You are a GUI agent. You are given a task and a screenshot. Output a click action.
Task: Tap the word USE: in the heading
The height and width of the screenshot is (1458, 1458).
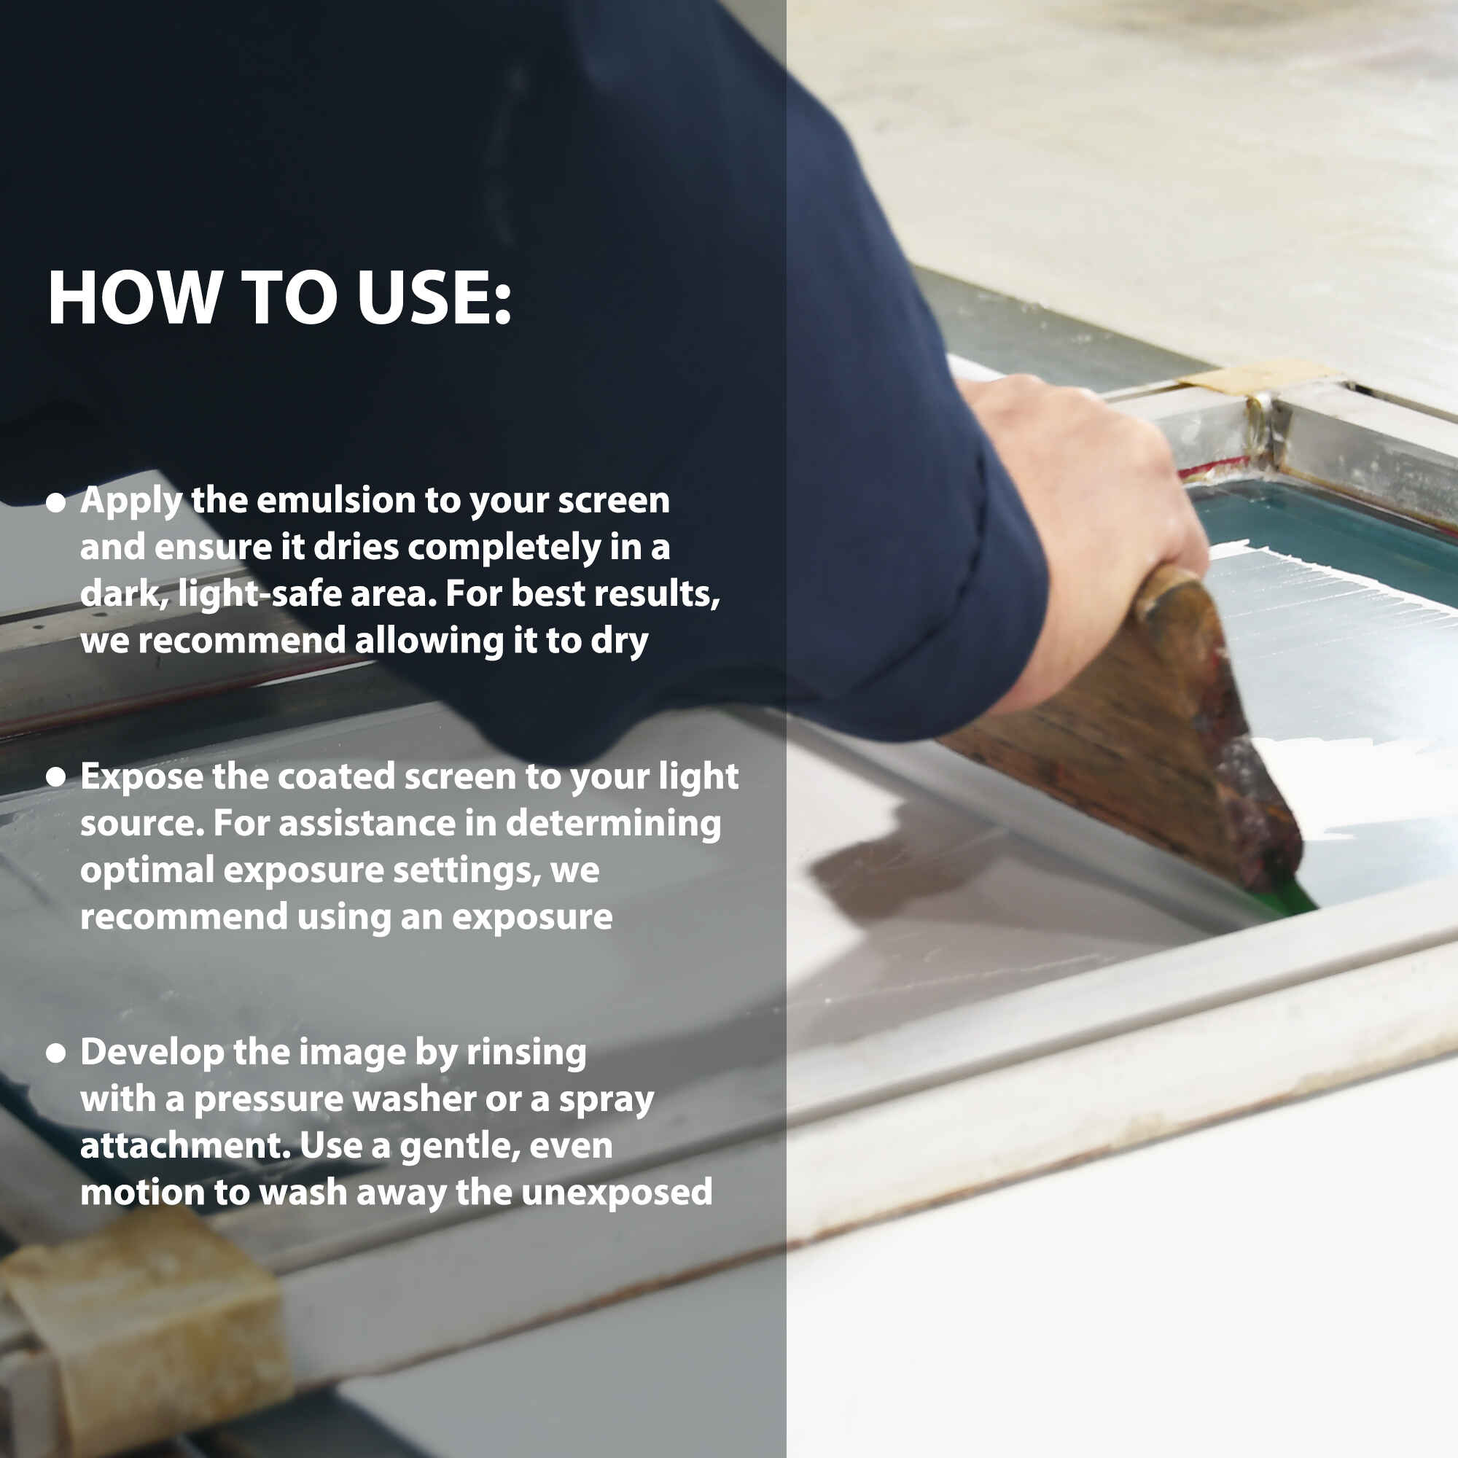point(434,297)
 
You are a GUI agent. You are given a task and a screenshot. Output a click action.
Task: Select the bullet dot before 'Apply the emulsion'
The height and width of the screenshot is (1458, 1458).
point(56,503)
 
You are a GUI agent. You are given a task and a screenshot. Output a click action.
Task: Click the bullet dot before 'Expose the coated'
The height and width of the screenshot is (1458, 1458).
point(56,779)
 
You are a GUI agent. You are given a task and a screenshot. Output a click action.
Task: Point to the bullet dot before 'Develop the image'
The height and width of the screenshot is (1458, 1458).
point(56,1054)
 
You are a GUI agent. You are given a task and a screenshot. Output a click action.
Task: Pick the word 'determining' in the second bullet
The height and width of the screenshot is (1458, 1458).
point(613,823)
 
